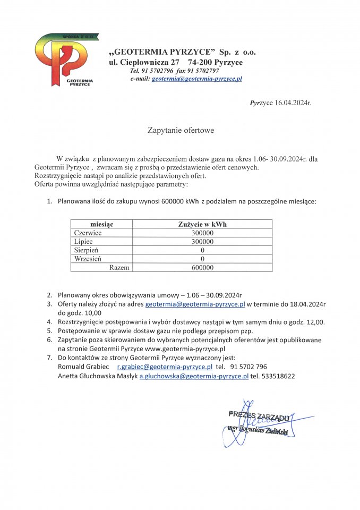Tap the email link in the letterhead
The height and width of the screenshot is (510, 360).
tap(196, 79)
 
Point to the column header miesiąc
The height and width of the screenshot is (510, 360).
tap(101, 225)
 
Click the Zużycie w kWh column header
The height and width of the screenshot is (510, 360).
tap(202, 225)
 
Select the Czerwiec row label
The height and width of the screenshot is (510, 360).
tap(88, 233)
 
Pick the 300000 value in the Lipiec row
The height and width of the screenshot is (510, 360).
tap(202, 242)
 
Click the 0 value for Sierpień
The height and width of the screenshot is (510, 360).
tap(202, 250)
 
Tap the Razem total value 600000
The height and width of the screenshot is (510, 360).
tap(202, 268)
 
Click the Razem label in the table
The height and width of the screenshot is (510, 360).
tap(119, 268)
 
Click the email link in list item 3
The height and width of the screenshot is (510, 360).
tap(195, 304)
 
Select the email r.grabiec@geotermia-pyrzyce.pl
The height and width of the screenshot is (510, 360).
tap(165, 367)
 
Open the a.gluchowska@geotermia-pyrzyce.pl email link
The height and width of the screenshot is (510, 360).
tap(194, 376)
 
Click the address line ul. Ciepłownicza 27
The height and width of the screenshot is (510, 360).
tap(144, 62)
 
